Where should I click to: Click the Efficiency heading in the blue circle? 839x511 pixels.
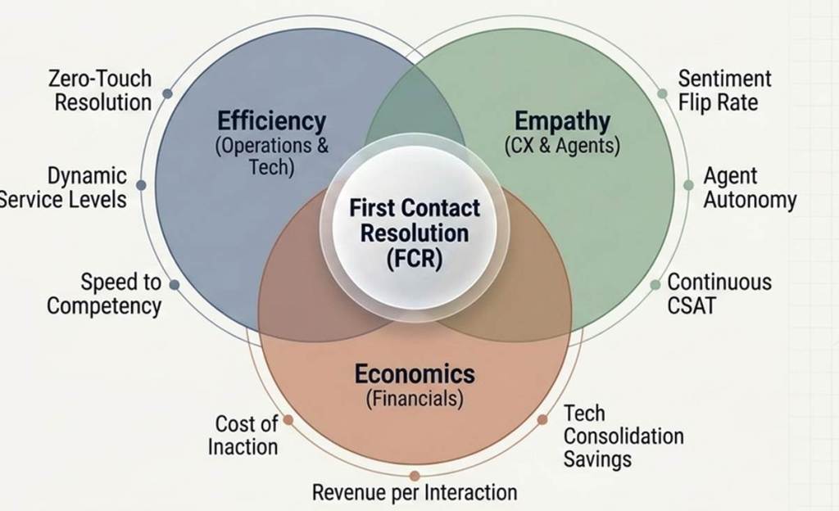point(271,121)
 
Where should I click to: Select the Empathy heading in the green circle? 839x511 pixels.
point(562,121)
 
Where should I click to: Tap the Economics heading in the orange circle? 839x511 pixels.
point(415,373)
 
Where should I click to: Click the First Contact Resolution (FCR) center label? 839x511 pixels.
point(415,233)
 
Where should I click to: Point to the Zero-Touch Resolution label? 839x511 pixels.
point(100,90)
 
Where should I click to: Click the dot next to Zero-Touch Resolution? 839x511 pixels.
point(167,93)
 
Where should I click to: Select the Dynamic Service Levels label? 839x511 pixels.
point(62,188)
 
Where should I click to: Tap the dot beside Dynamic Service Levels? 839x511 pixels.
point(141,185)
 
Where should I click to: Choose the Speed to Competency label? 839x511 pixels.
point(104,294)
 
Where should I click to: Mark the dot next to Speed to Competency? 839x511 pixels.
point(175,284)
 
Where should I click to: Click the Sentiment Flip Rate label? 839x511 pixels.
point(725,90)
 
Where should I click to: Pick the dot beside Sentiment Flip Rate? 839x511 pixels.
point(662,93)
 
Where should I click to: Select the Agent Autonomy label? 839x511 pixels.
point(751,188)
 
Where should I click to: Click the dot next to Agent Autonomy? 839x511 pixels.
point(688,185)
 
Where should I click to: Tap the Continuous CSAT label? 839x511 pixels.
point(719,294)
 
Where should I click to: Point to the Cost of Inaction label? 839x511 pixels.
point(243,435)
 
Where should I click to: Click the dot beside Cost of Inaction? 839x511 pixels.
point(288,419)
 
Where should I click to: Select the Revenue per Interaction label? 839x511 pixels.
point(415,492)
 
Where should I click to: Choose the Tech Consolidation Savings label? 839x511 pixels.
point(624,436)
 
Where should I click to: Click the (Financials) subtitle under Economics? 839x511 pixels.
point(415,399)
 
